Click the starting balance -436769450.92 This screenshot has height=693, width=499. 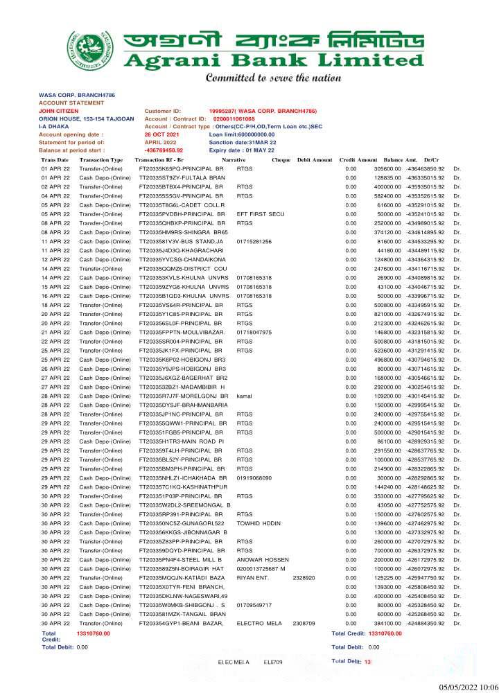(x=164, y=150)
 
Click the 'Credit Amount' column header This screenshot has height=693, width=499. (x=358, y=160)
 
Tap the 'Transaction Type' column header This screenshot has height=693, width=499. (x=101, y=160)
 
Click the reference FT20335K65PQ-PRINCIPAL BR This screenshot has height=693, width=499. (x=182, y=169)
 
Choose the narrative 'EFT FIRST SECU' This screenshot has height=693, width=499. (x=261, y=214)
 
